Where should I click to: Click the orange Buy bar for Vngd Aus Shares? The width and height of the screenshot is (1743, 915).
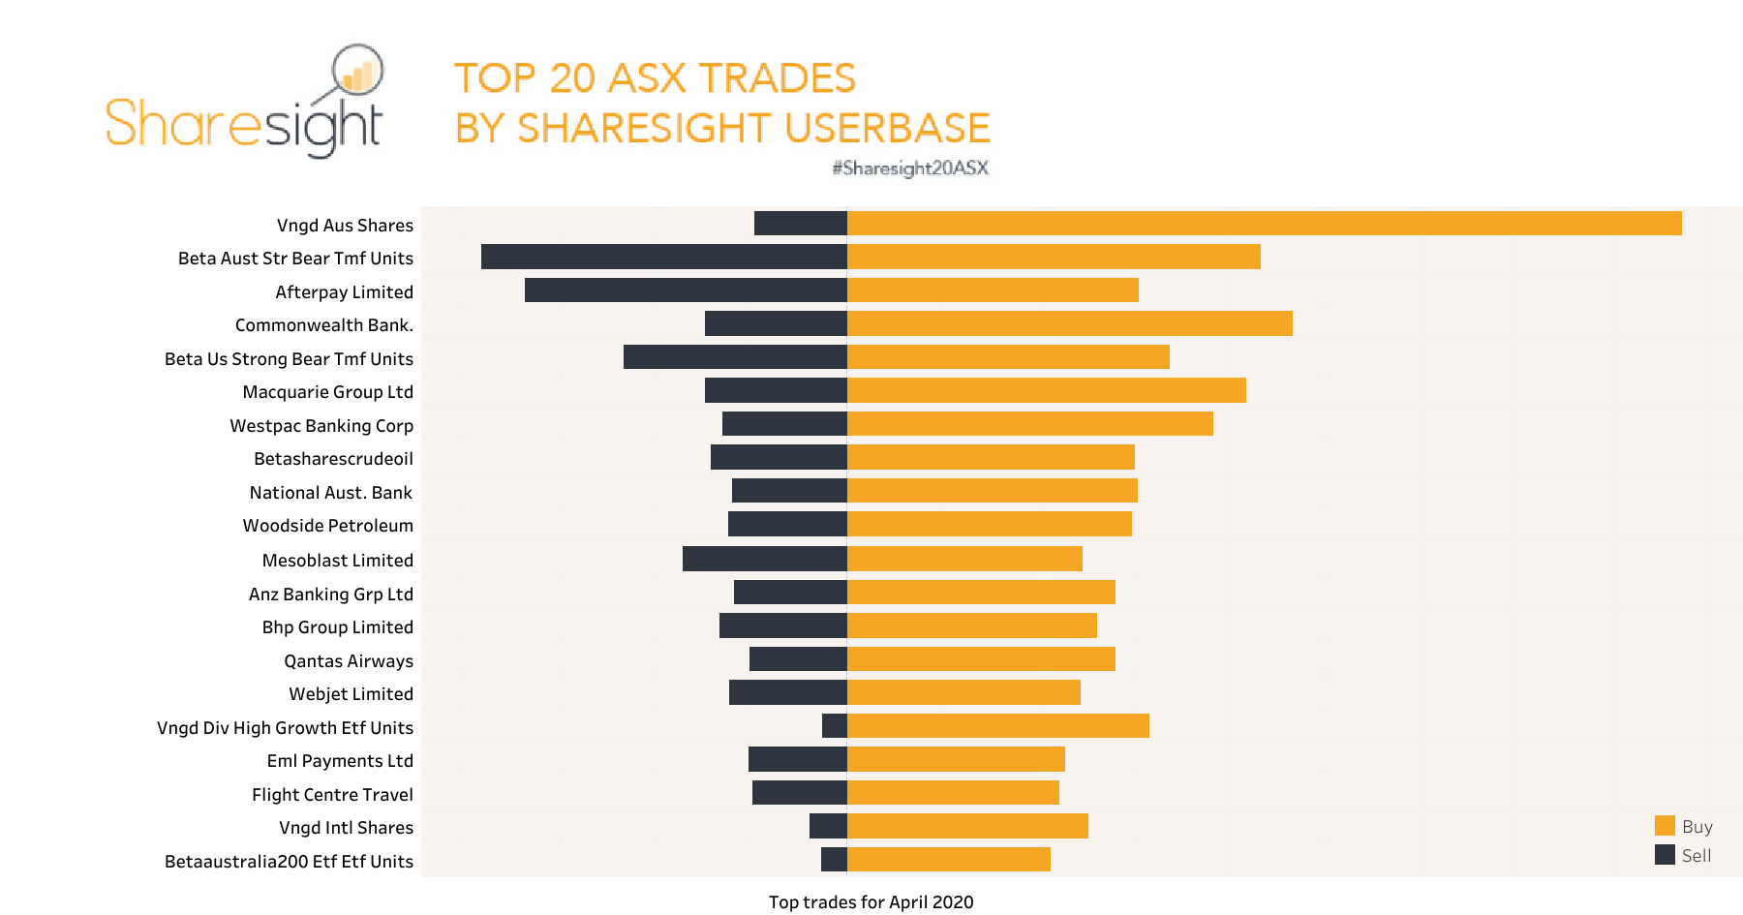1264,224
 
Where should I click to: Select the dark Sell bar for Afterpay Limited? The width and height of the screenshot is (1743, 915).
686,290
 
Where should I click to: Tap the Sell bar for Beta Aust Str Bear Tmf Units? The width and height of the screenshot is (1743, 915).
664,257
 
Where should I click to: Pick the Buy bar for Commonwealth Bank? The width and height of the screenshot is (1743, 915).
1069,323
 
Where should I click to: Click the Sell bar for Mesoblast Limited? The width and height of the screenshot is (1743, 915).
765,559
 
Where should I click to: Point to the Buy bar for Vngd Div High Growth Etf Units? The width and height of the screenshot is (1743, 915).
997,726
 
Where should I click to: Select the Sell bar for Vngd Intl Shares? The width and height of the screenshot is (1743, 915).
828,826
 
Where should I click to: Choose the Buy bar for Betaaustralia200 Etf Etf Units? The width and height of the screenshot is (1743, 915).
948,860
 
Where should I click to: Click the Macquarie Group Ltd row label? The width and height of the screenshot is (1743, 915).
327,392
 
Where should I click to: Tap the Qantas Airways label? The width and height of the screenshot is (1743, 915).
349,661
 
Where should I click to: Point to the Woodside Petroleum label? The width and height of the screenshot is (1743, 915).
327,526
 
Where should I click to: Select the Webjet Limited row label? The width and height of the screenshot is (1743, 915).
351,694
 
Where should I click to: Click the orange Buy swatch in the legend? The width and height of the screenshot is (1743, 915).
1665,826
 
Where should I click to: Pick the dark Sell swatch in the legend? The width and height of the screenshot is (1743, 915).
1665,855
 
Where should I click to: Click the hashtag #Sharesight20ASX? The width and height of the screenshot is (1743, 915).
910,168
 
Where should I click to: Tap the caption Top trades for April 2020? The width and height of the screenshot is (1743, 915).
871,902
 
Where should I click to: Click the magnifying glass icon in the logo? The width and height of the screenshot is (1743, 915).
357,72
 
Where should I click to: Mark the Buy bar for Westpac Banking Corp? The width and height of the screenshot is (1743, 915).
1029,424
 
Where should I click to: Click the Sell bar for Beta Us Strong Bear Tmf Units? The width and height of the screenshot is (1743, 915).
735,357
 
